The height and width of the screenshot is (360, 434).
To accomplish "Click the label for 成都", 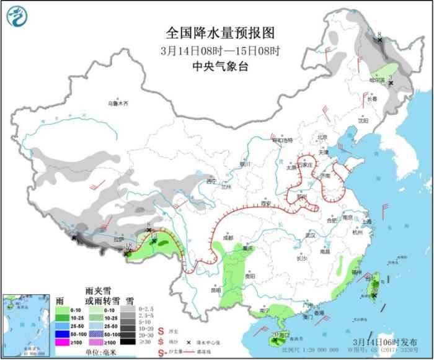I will coord(228,238).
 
